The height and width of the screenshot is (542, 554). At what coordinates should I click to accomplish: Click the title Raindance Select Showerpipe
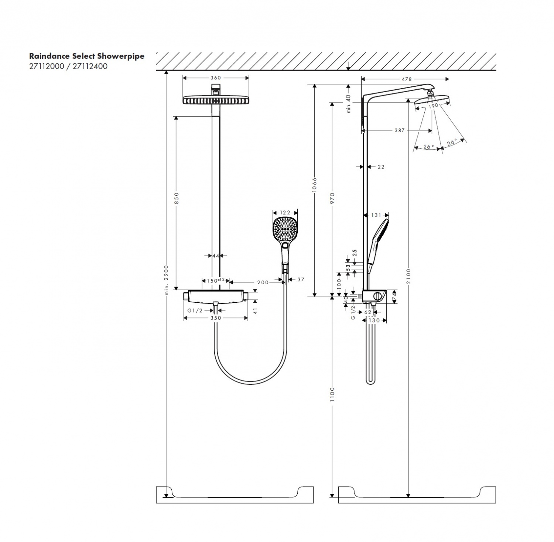pos(86,56)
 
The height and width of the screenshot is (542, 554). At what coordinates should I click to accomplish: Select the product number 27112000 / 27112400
pos(68,67)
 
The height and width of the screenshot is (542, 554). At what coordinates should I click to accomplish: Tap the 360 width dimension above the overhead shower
pos(215,78)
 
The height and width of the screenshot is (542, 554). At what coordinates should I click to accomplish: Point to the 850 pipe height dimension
pos(176,198)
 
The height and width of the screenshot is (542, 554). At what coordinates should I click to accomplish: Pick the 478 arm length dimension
pos(407,79)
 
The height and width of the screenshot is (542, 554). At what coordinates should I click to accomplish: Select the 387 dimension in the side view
pos(399,130)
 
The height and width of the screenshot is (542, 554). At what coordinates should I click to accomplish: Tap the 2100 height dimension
pos(408,276)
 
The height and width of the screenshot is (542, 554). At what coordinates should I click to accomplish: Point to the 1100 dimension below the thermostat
pos(332,394)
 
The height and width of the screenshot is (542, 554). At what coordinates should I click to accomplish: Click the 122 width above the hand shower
pos(285,212)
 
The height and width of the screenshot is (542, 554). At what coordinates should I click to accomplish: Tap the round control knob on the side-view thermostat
pos(378,296)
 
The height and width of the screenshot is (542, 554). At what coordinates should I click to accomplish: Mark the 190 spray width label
pos(433,106)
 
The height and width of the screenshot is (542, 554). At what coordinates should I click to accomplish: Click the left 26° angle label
pos(428,147)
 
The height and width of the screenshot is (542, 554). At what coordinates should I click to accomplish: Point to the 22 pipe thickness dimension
pos(381,167)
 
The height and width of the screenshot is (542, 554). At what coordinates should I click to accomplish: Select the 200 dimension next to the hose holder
pos(263,282)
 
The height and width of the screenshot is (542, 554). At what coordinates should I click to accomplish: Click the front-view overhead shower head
pos(215,100)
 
